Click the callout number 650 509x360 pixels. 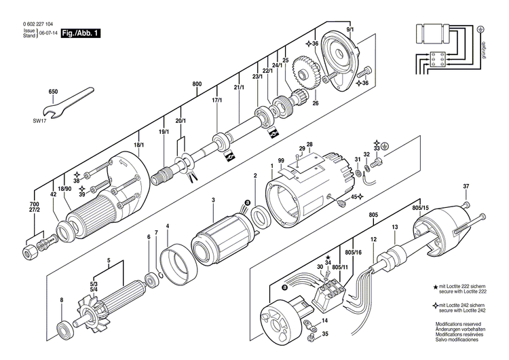(x=53, y=92)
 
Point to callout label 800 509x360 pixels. (x=197, y=84)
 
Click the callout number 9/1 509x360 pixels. (x=350, y=31)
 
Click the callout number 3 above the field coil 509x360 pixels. (x=213, y=200)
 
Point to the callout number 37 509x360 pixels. (x=466, y=187)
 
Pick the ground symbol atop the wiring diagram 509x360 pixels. (x=480, y=29)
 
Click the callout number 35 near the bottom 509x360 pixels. (x=324, y=334)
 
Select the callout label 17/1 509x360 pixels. (x=217, y=100)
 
